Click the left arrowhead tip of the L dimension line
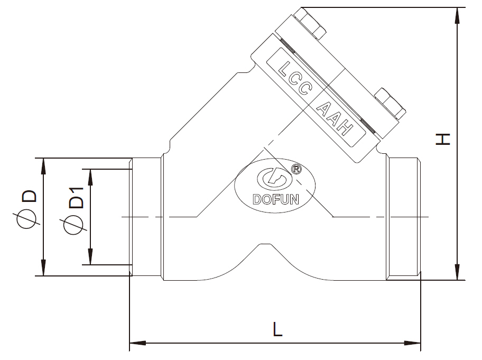click(x=129, y=343)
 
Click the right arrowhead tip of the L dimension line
click(x=420, y=343)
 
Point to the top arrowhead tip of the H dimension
click(x=458, y=7)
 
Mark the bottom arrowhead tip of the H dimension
click(x=458, y=280)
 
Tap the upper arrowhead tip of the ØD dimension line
click(x=43, y=159)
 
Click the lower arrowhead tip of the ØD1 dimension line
click(x=90, y=264)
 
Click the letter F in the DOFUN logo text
click(x=275, y=199)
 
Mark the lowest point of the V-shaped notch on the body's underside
click(x=266, y=244)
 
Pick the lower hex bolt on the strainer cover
click(x=390, y=104)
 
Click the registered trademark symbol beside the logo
click(x=296, y=169)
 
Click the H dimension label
click(x=443, y=139)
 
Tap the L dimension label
click(x=277, y=329)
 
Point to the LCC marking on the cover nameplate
click(x=295, y=78)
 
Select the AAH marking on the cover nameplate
click(x=335, y=118)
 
